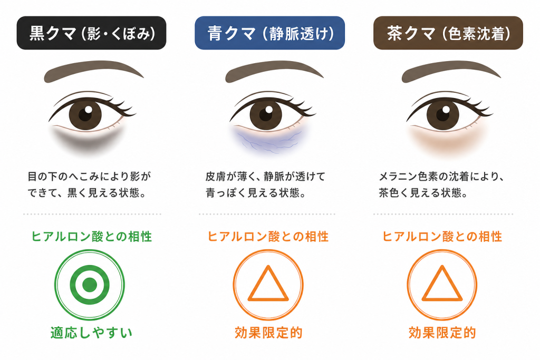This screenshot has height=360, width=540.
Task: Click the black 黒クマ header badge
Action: [91, 33]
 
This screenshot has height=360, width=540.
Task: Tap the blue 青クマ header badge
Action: [269, 33]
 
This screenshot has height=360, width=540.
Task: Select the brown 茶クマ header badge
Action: [448, 33]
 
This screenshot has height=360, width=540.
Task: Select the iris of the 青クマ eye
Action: [266, 113]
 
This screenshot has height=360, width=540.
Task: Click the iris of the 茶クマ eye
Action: [443, 113]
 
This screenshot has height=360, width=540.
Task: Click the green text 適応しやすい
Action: [91, 333]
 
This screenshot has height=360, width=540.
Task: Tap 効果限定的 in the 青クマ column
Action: [268, 333]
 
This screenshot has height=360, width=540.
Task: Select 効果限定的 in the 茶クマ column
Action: [442, 333]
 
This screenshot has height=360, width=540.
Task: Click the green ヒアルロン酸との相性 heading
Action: [92, 237]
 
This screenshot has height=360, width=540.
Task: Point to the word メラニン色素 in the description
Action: [408, 177]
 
